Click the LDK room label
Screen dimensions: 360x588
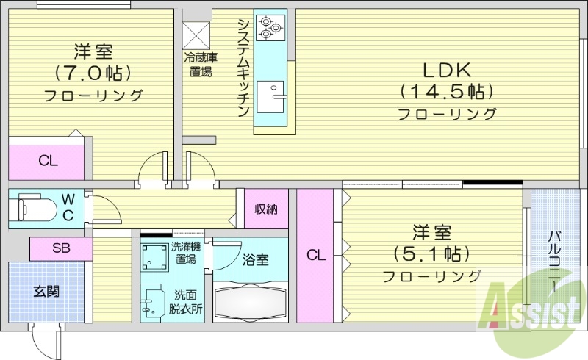[x=446, y=70]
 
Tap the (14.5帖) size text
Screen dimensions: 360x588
[x=446, y=92]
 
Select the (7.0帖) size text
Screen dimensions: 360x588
[x=93, y=73]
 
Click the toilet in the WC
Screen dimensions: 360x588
[x=37, y=207]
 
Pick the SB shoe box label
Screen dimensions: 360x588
[x=61, y=248]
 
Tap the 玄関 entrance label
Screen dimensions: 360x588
[x=46, y=291]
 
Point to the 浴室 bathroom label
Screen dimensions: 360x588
[x=255, y=259]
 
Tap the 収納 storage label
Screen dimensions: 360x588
[x=265, y=209]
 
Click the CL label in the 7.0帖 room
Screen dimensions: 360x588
[x=48, y=162]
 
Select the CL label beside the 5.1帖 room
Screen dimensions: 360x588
[x=315, y=255]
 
